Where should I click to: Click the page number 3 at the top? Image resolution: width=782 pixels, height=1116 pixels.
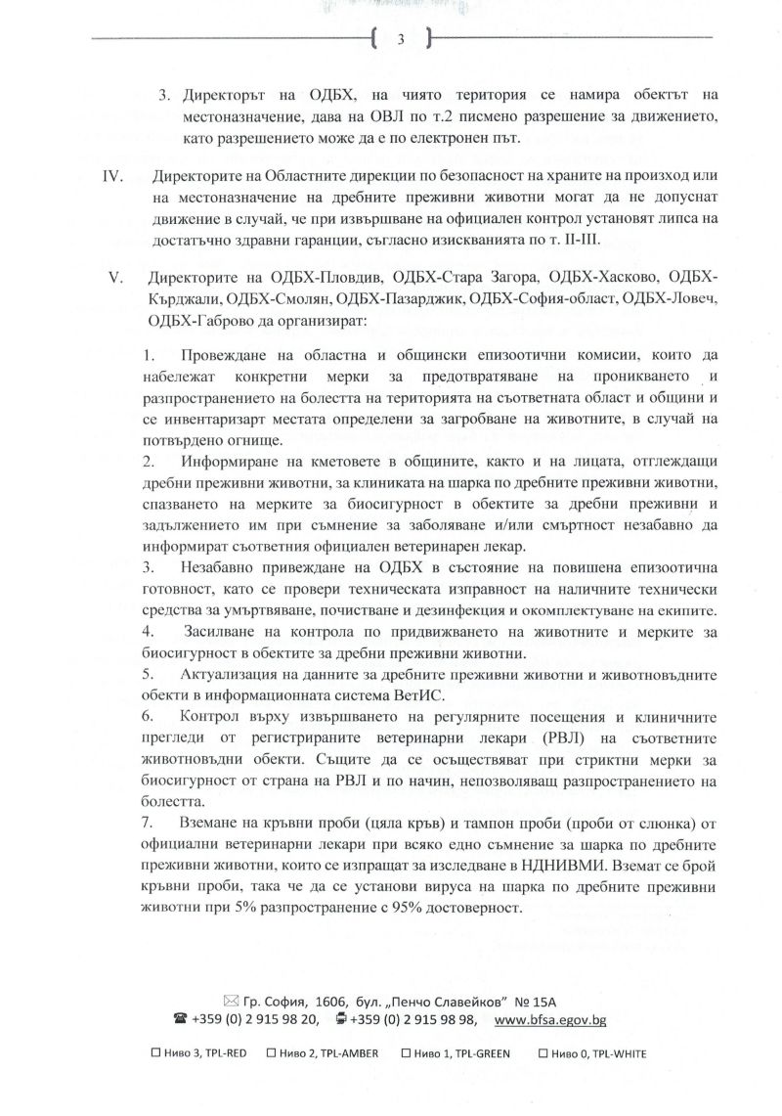coord(401,40)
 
